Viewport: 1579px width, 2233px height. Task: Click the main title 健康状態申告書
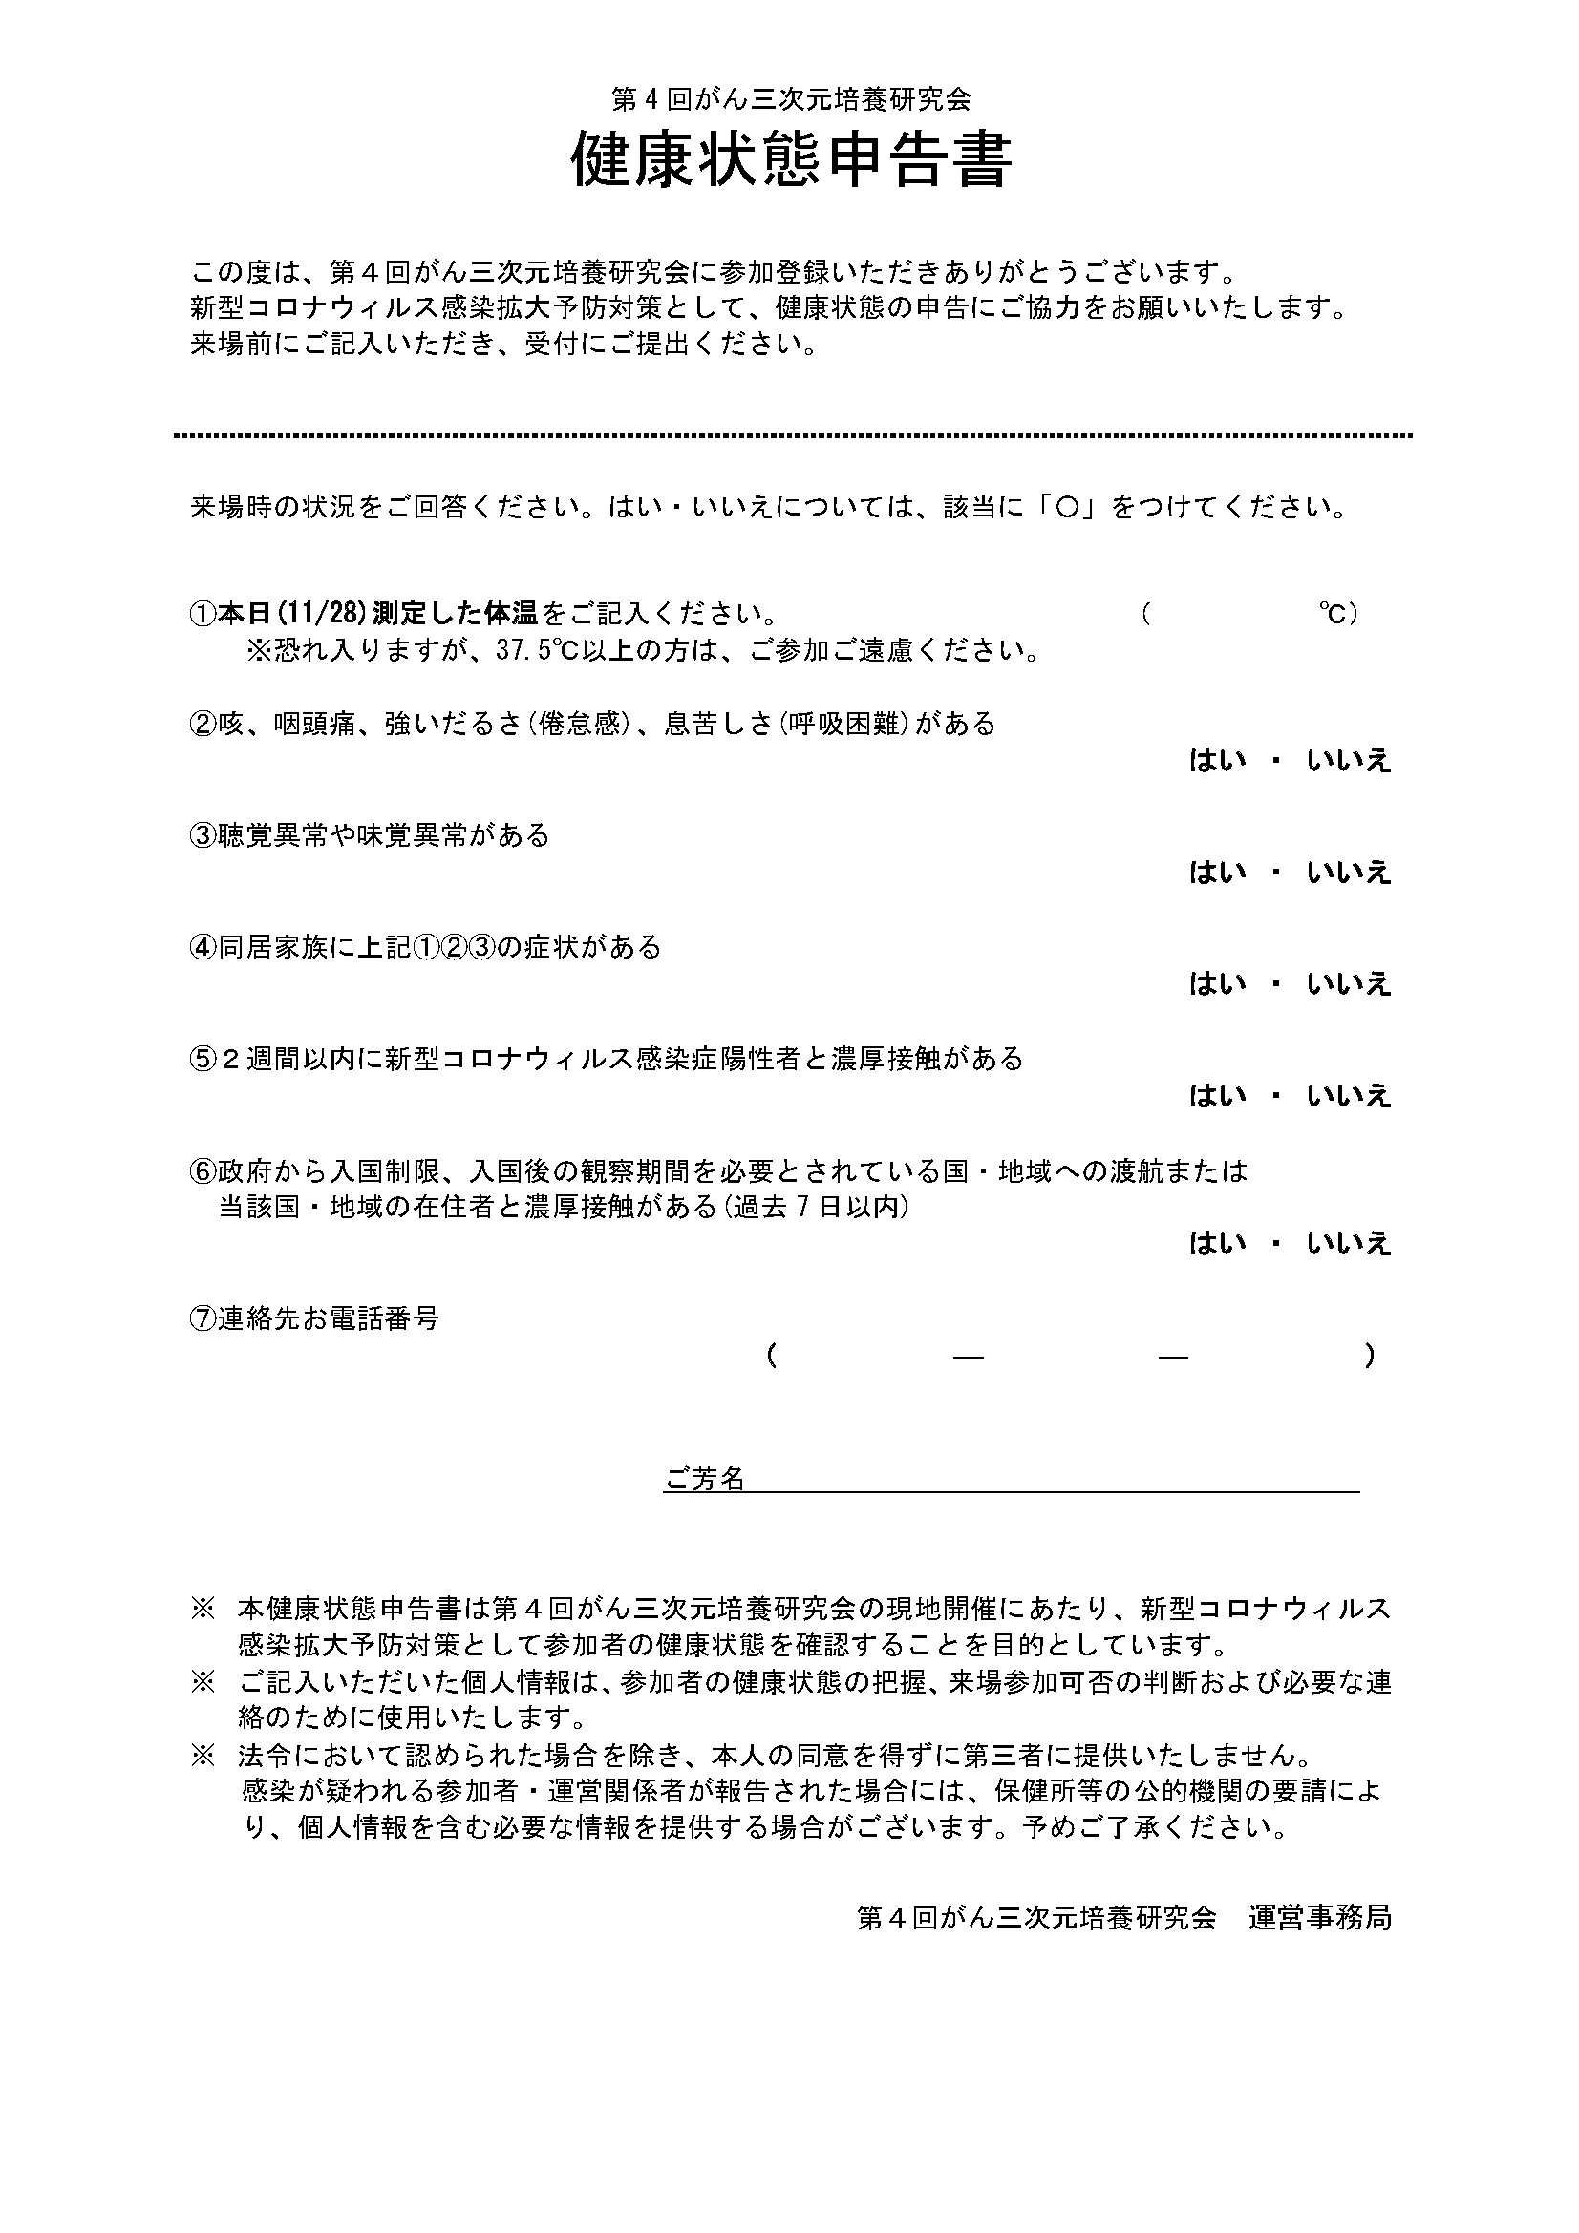pyautogui.click(x=790, y=160)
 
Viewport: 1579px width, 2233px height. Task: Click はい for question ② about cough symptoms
pyautogui.click(x=1217, y=761)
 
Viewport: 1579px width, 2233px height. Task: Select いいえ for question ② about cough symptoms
pyautogui.click(x=1349, y=761)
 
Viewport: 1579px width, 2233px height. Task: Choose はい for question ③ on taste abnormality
pyautogui.click(x=1217, y=873)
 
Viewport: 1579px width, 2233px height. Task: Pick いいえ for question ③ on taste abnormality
pyautogui.click(x=1349, y=873)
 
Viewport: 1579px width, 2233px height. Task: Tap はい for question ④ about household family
pyautogui.click(x=1217, y=984)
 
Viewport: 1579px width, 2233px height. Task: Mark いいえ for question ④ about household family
pyautogui.click(x=1349, y=984)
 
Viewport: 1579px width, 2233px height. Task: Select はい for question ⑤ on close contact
pyautogui.click(x=1217, y=1096)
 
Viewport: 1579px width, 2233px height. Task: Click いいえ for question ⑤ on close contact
pyautogui.click(x=1349, y=1096)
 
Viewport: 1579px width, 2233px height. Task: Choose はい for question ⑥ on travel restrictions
pyautogui.click(x=1217, y=1244)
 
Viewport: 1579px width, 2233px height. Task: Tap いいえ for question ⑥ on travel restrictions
pyautogui.click(x=1349, y=1244)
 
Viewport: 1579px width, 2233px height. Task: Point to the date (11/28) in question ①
pyautogui.click(x=321, y=614)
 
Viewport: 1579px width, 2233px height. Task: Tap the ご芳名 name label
pyautogui.click(x=703, y=1506)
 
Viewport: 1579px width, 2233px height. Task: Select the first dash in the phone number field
pyautogui.click(x=968, y=1356)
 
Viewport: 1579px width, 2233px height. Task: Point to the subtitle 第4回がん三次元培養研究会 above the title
pyautogui.click(x=790, y=98)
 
